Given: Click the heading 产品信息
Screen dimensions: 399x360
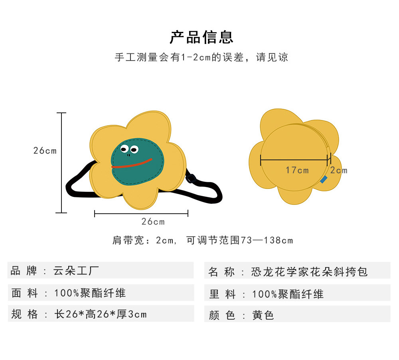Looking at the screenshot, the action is [201, 37].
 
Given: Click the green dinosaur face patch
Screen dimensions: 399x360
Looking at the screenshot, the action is [138, 167].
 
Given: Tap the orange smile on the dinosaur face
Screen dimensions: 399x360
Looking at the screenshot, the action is [132, 164].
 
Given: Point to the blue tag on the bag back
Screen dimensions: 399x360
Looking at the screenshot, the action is [324, 180].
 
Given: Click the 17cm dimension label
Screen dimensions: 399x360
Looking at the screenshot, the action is [297, 170].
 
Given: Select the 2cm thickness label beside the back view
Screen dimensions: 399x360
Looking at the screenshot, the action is [339, 171].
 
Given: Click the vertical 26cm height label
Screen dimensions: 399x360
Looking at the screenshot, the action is [45, 151].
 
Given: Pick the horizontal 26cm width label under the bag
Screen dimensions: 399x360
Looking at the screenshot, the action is [153, 222].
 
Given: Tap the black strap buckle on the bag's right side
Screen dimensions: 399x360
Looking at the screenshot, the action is [191, 178].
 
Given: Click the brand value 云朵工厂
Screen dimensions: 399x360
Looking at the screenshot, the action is [76, 271].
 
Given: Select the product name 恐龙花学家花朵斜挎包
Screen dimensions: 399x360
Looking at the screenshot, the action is [309, 272].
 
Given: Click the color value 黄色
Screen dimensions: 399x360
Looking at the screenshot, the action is [263, 315].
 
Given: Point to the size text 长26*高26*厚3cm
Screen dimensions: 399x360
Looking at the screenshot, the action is [101, 315].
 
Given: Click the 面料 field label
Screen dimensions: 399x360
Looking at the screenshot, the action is [24, 293].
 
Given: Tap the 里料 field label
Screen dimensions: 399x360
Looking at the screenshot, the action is [222, 294].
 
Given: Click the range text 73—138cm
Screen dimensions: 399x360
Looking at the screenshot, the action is [267, 240].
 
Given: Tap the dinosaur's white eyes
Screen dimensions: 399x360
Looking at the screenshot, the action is [128, 150].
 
